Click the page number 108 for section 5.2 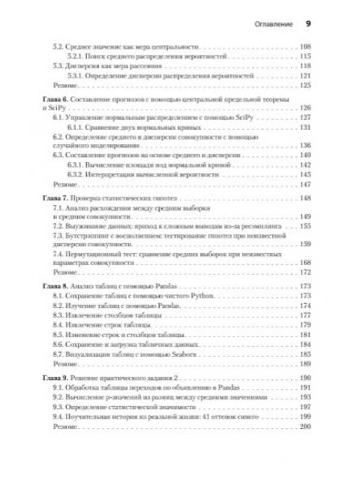[304, 48]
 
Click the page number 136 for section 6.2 [304, 146]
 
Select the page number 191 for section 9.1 [304, 386]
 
